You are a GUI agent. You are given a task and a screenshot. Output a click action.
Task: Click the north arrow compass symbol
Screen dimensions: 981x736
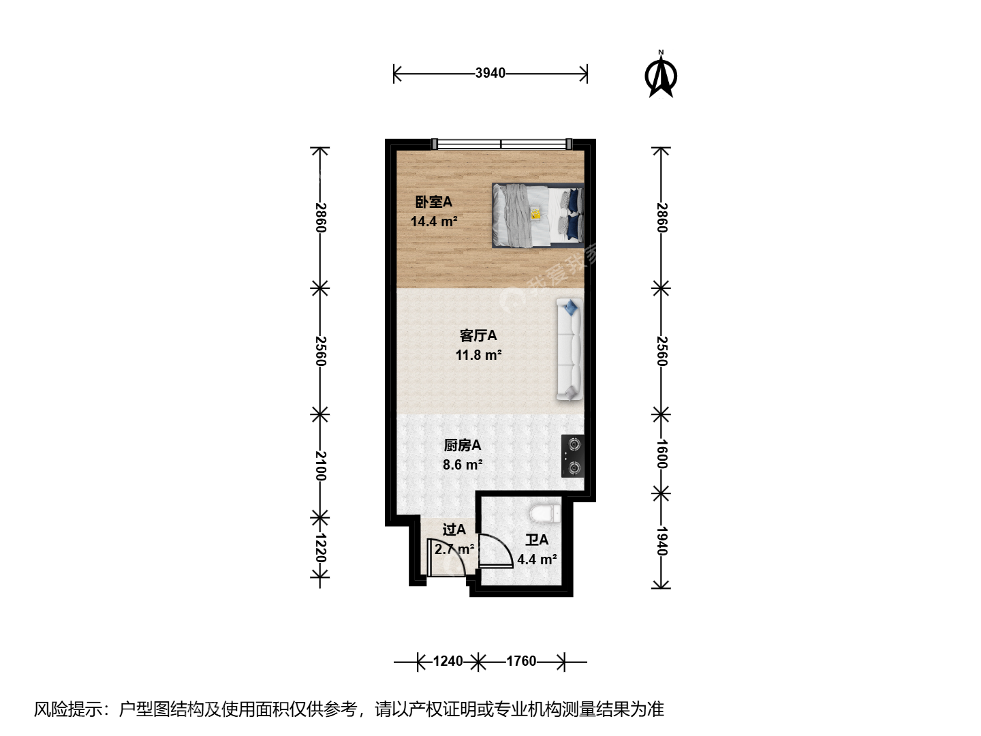(661, 74)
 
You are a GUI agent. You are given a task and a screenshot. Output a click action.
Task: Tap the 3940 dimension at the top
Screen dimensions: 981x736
(490, 73)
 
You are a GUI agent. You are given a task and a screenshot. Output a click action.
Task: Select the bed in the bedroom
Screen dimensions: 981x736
(538, 215)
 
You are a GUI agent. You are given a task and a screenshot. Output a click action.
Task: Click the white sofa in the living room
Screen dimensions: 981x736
(570, 349)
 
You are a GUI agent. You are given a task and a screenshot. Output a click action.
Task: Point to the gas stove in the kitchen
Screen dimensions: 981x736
(572, 457)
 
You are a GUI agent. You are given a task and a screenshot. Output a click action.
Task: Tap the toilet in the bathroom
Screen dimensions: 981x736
(544, 513)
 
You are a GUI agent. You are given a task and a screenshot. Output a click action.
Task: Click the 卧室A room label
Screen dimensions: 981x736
(433, 202)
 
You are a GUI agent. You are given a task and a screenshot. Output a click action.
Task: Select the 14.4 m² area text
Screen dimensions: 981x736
(434, 221)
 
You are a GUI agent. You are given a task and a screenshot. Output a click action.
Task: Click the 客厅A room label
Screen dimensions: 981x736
(478, 335)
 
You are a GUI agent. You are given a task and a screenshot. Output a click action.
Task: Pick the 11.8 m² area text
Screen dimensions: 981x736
(479, 355)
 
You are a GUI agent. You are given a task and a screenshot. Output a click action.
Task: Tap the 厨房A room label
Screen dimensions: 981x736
(462, 445)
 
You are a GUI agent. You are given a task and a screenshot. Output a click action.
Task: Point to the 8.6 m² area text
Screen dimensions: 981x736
(463, 465)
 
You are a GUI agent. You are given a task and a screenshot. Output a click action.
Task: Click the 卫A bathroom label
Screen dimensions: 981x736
(536, 540)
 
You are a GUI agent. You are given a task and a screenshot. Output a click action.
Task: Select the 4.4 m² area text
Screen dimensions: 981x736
(537, 559)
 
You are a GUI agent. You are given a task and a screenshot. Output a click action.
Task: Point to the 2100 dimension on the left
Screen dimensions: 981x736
(320, 466)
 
